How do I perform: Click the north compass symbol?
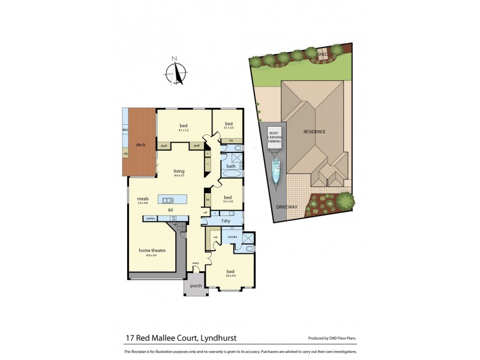[177, 72]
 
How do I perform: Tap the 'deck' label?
[141, 145]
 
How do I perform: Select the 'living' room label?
[179, 171]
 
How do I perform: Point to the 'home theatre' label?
[152, 250]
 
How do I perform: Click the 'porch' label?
[195, 286]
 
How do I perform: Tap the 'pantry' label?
[150, 218]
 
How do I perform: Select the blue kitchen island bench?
[172, 199]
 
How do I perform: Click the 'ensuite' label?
[233, 237]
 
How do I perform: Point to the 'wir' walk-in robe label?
[214, 237]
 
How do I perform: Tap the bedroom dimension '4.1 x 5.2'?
[184, 130]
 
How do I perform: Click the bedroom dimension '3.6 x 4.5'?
[230, 276]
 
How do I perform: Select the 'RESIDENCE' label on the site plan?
[314, 131]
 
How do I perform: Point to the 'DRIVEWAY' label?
[287, 206]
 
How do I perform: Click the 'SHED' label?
[323, 53]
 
